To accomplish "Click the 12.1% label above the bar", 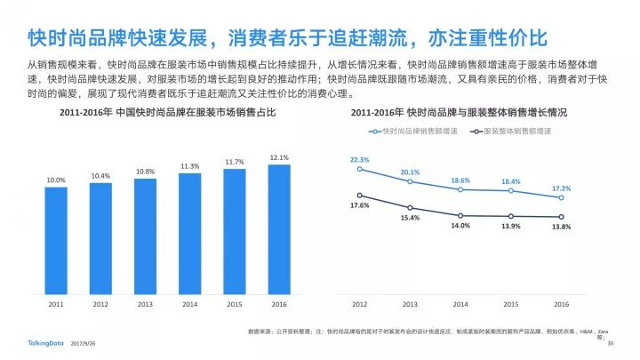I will coord(279,157).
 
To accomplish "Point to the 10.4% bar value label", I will coord(100,176).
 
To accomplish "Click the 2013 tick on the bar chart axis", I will coord(145,304).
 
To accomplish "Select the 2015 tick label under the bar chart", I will coord(235,304).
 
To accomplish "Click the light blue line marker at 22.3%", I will coord(359,169).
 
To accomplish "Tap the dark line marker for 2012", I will coord(359,196).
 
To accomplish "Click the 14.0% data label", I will coord(460,226).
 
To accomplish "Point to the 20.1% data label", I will coord(410,172).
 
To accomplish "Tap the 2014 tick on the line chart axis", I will coord(460,304).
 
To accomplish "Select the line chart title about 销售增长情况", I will coord(460,114).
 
